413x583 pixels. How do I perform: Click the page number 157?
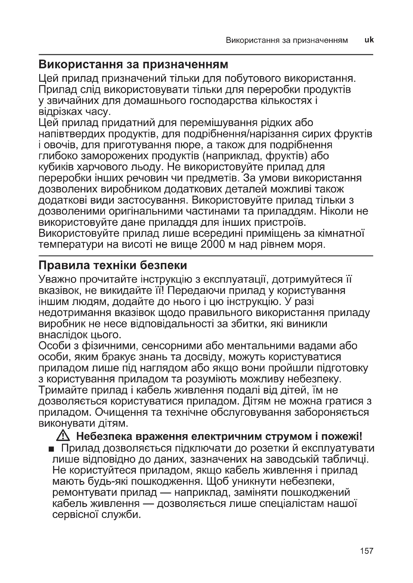pos(367,551)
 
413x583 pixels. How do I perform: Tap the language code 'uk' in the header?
pos(369,40)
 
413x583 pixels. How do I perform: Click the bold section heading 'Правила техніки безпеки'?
pos(113,265)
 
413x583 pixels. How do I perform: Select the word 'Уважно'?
pos(57,279)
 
